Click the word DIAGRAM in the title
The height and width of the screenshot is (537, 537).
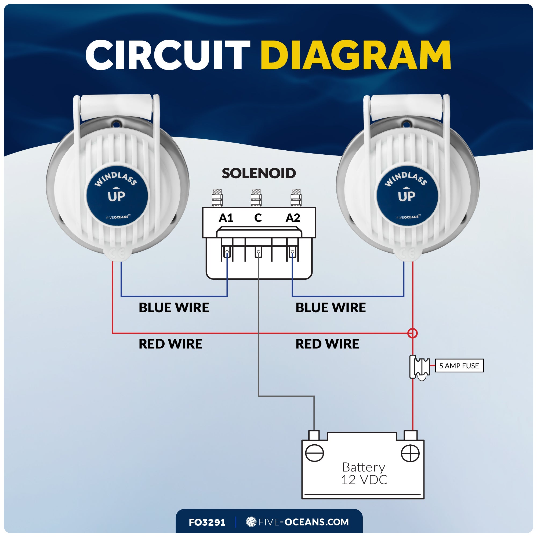[355, 55]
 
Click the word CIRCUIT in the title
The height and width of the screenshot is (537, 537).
[168, 55]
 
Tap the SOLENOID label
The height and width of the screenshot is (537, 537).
[259, 173]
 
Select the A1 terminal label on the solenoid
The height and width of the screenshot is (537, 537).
[226, 218]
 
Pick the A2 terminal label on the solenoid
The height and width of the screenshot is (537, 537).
[293, 218]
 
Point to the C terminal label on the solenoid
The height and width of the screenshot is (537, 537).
[258, 218]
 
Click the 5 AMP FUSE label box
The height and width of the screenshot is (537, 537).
[459, 366]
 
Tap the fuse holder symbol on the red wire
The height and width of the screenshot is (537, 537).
[420, 367]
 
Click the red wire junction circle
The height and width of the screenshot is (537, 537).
[412, 333]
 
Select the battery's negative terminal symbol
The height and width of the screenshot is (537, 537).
[314, 453]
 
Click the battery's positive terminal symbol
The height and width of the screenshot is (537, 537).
[410, 453]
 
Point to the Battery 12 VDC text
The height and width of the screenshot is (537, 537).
[364, 474]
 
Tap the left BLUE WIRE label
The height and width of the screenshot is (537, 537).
[174, 308]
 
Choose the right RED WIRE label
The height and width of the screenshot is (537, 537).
[327, 344]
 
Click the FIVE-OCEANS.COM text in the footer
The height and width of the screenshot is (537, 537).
[303, 522]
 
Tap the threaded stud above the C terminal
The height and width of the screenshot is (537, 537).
[256, 198]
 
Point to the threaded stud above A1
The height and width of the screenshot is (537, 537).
[217, 198]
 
